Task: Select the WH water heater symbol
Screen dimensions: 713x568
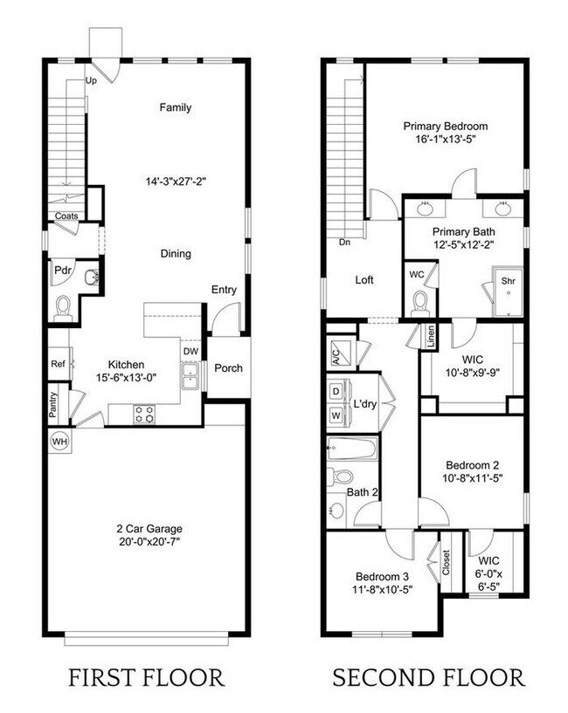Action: click(x=60, y=441)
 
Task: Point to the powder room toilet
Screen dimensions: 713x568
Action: click(x=63, y=307)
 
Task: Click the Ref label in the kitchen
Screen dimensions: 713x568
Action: click(x=58, y=364)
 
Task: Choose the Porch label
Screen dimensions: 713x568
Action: click(x=228, y=367)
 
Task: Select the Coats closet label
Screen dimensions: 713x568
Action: click(x=66, y=216)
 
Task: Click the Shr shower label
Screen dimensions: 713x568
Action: click(x=508, y=281)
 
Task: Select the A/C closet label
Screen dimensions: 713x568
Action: click(x=336, y=356)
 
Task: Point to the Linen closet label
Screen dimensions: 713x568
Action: click(x=430, y=335)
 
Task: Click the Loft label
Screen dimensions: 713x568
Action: click(x=364, y=280)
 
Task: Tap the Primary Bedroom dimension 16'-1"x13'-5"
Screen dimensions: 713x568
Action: click(x=445, y=141)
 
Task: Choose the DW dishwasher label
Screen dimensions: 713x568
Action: click(x=190, y=352)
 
